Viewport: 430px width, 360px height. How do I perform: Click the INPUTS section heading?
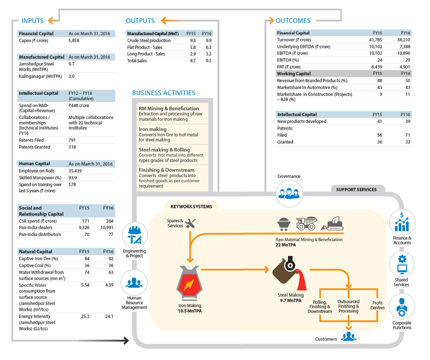[32, 20]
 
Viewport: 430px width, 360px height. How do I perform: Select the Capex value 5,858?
[74, 40]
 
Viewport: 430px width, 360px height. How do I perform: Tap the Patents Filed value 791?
[72, 140]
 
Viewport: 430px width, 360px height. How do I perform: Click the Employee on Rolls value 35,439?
[75, 171]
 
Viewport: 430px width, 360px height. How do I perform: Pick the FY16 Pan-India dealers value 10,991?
[107, 228]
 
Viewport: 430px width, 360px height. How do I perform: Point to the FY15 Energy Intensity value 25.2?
[85, 316]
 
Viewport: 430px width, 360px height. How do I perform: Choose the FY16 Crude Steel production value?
[208, 40]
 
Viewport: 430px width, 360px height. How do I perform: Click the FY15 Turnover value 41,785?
[376, 40]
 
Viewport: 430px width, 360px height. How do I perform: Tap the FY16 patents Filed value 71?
[408, 135]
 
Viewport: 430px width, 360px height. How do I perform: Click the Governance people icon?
[289, 194]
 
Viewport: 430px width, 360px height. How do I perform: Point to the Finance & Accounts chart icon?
[402, 222]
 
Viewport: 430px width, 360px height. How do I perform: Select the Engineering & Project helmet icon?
[135, 235]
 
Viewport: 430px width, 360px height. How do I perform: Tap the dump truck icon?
[307, 223]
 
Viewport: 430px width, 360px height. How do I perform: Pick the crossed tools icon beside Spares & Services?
[190, 223]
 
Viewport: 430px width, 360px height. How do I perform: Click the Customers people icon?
[348, 336]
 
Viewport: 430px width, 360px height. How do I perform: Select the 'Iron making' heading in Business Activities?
[152, 129]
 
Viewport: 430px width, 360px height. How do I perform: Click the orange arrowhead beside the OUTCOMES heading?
[271, 20]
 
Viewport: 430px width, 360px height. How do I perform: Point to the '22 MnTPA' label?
[286, 245]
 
